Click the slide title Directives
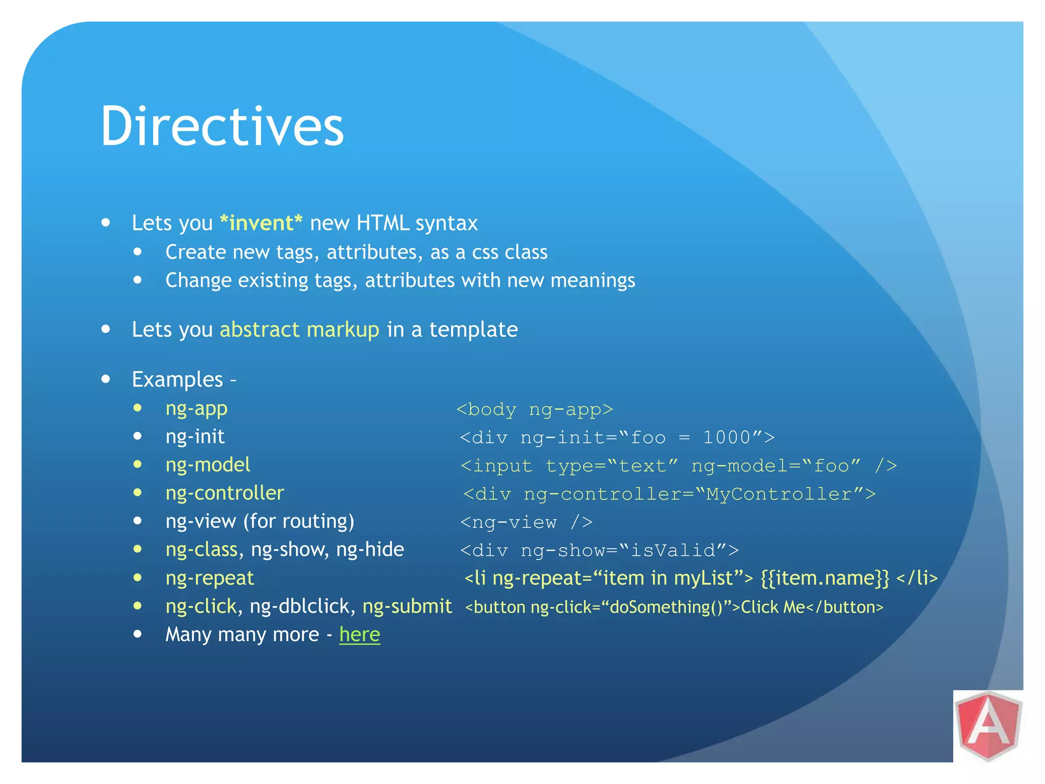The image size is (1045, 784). pos(222,126)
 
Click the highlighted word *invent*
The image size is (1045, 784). pos(261,223)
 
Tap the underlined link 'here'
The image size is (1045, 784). pos(360,634)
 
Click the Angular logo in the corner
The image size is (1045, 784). pos(988,726)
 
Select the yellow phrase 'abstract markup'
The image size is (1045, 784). pos(300,330)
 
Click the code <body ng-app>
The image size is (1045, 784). pos(534,409)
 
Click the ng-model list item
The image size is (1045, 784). pos(208,465)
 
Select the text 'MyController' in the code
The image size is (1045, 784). pos(779,494)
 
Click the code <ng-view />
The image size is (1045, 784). pos(526,522)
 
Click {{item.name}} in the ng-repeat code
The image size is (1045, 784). pos(825,578)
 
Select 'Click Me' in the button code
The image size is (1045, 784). pos(773,607)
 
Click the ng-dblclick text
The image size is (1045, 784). pos(300,606)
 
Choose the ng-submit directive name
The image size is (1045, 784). pos(407,606)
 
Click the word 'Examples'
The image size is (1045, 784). pos(177,380)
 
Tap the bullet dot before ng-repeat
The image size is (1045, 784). pos(137,578)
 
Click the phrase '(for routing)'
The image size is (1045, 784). pos(298,522)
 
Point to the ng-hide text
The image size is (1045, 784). pos(370,550)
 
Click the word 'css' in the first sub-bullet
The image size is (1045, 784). pos(485,252)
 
